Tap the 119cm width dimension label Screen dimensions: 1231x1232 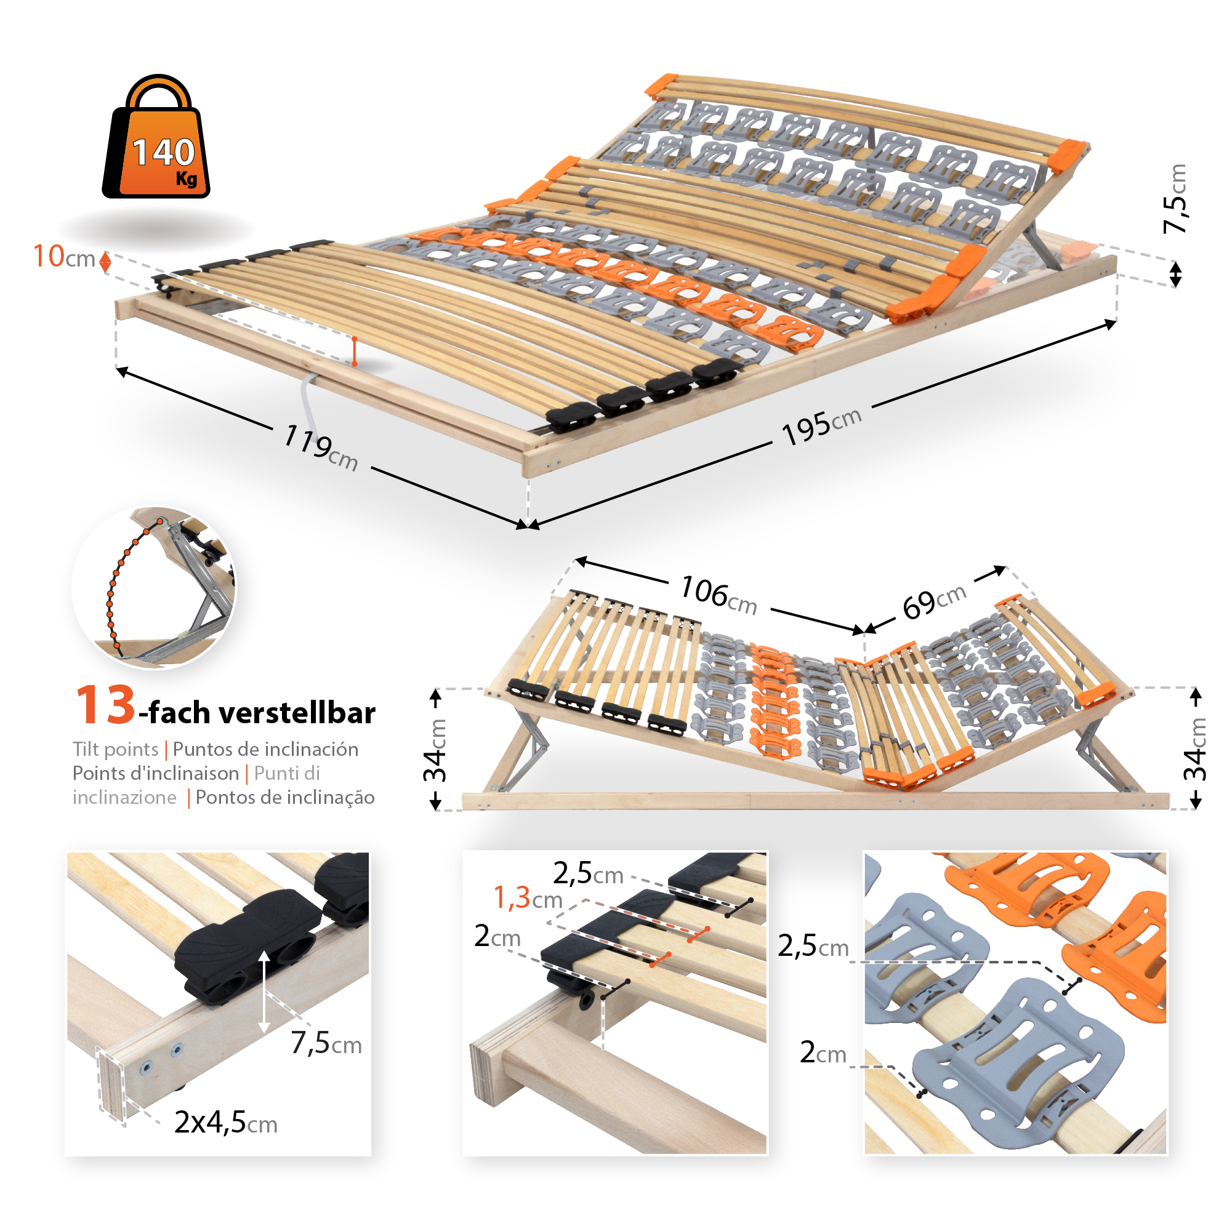(320, 447)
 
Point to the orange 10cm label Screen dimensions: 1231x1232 (64, 257)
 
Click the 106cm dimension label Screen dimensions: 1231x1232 (719, 595)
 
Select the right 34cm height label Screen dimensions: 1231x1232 (1195, 748)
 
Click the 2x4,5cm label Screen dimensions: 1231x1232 (226, 1122)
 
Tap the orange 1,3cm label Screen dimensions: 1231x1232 (528, 897)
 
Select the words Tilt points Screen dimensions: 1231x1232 (115, 749)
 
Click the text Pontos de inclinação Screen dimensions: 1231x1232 (285, 798)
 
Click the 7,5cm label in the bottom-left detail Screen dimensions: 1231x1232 (326, 1043)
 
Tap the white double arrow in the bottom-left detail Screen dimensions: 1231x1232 (264, 992)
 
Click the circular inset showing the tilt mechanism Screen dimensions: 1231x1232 (154, 588)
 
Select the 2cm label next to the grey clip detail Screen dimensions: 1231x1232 (823, 1053)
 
